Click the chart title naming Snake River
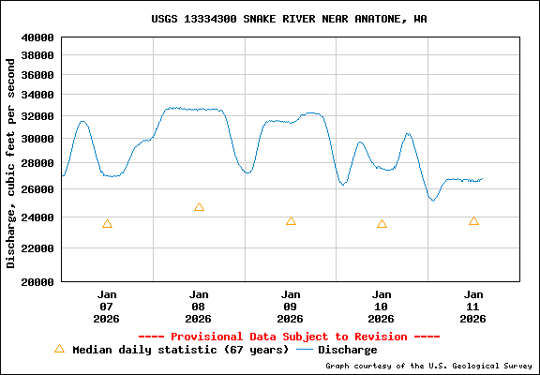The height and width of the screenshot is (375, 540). pos(289,19)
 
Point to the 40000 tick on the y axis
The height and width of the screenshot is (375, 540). pos(39,37)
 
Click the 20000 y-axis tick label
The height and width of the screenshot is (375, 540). pos(39,280)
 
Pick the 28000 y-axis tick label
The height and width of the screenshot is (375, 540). pos(39,164)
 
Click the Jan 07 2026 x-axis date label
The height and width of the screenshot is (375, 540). pos(107,306)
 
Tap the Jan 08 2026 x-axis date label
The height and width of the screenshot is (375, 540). pos(199,306)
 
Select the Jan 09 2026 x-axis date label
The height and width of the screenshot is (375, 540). pos(291,306)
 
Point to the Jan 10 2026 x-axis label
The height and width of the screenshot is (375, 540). pos(382,306)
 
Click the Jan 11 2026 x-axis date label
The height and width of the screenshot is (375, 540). pos(473,306)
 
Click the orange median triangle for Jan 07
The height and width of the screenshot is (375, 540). pos(107,224)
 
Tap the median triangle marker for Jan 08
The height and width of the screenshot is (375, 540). pos(199,207)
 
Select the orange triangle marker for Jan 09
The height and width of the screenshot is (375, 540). pos(291,221)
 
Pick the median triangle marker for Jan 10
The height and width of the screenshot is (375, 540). pos(382,224)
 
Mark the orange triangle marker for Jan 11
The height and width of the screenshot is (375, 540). pos(473,221)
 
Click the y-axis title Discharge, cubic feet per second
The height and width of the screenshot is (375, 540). pos(11,162)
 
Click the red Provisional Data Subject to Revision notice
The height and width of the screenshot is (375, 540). pos(289,336)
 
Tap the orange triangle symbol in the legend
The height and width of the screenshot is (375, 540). pos(59,349)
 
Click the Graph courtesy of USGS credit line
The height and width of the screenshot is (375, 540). pos(429,366)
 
